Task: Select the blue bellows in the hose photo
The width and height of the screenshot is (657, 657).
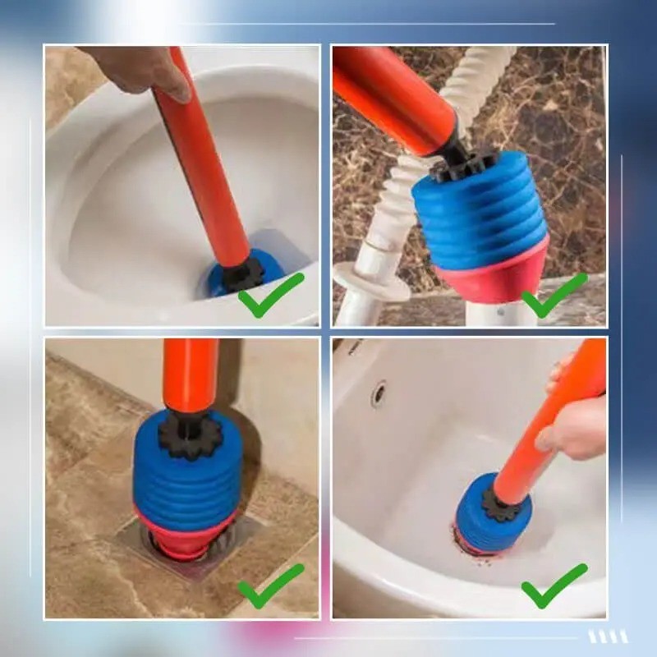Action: [480, 215]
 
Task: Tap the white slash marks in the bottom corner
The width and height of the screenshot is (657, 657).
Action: [608, 636]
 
